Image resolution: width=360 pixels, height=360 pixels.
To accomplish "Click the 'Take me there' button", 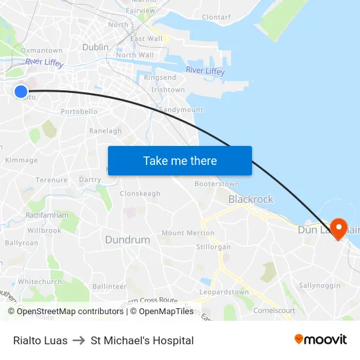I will coord(179,161).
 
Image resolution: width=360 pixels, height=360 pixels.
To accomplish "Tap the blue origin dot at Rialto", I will coord(21,92).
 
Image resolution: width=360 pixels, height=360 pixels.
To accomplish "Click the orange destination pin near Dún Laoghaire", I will coord(339,228).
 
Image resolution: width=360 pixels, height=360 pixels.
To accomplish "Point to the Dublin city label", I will coord(96,47).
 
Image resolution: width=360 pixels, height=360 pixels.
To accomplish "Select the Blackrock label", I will coord(251,199).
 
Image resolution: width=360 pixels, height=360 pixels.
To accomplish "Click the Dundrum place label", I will coord(128,240).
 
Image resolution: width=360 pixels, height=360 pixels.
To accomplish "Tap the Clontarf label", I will coord(216,17).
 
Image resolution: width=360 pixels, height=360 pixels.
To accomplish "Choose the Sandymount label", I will coord(181,110).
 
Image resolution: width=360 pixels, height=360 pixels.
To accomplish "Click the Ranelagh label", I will coord(105,131).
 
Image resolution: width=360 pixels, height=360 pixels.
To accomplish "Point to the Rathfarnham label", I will coord(47,215).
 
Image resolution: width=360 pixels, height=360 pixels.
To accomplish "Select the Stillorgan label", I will coord(213,247).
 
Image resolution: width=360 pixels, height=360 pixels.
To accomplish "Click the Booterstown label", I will coord(217,184).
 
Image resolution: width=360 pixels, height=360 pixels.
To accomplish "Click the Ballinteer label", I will coord(109,286).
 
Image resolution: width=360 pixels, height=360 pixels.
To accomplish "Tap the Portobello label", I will coord(79,112).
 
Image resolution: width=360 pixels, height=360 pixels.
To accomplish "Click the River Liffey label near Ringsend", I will coord(205,71).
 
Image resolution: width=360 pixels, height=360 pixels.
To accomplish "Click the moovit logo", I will coord(321,340).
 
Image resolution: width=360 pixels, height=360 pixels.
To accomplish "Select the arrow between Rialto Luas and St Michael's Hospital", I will coord(79,340).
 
